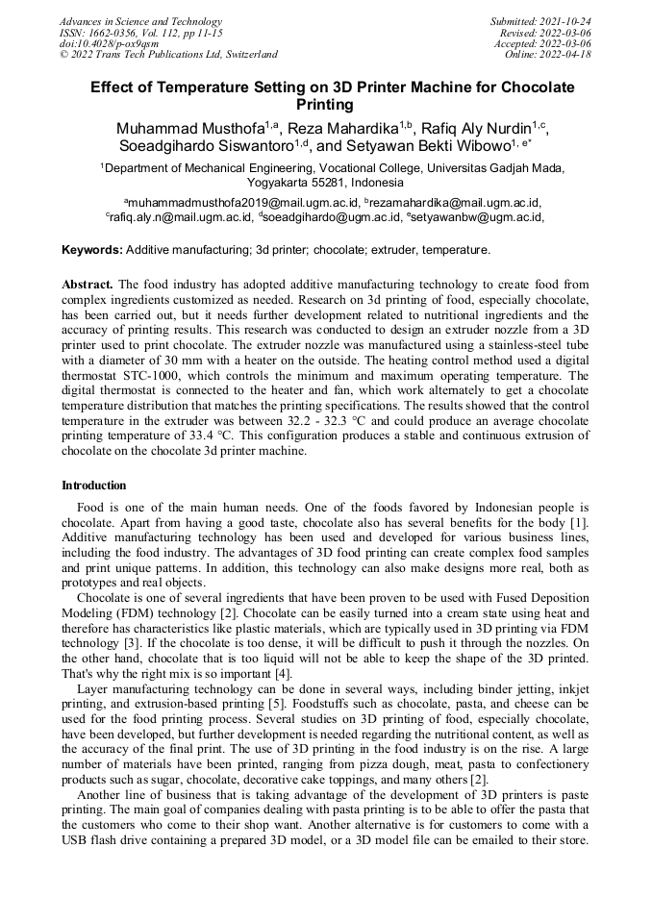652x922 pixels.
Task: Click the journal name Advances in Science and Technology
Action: (x=140, y=21)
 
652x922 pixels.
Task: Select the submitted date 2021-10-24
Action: (x=566, y=21)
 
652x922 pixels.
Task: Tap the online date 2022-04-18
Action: (x=566, y=54)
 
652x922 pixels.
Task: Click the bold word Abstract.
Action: (x=88, y=285)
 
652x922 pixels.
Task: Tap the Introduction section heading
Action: (x=94, y=486)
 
